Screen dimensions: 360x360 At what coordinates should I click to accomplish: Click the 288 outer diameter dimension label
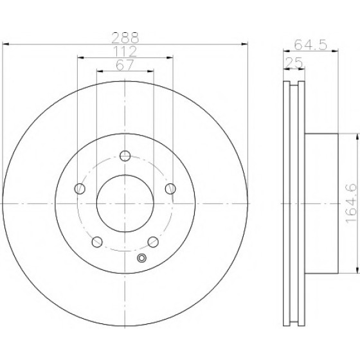point(125,37)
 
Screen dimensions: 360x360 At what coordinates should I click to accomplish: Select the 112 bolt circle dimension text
point(125,51)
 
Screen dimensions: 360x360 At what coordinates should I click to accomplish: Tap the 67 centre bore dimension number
point(125,65)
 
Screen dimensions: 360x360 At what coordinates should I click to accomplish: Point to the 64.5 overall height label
point(310,44)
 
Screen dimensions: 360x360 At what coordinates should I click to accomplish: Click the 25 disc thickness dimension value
point(294,63)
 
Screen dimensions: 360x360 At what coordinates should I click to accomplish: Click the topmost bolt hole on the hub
point(125,156)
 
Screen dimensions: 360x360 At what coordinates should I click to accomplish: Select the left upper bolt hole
point(80,189)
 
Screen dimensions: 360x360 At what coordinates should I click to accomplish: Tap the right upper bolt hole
point(170,189)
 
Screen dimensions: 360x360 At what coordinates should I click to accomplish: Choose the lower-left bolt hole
point(97,242)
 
